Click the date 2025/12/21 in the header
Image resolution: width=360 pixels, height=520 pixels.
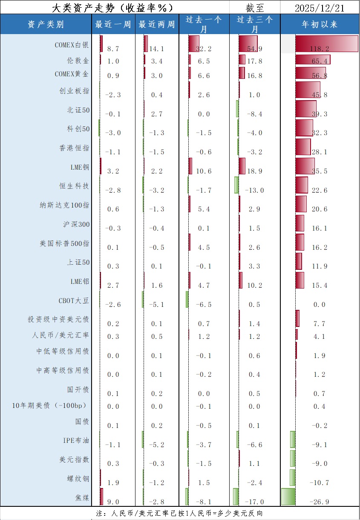320,8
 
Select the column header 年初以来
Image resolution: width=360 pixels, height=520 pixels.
320,25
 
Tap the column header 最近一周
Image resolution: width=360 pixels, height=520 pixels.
113,25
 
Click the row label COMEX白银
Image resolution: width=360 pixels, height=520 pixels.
72,44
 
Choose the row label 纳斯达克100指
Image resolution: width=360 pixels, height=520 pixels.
64,205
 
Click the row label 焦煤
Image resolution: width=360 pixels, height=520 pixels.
82,497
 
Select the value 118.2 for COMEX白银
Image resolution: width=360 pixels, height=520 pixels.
320,49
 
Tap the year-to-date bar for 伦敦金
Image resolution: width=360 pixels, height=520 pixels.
312,59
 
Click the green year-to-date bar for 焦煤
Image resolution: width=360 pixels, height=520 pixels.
288,497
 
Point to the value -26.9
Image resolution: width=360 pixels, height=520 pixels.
320,502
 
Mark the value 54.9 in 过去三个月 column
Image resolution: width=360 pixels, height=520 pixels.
254,49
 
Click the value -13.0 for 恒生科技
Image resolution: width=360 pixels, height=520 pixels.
254,190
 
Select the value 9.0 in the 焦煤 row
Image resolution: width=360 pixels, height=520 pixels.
113,502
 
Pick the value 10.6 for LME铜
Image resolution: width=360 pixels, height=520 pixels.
204,171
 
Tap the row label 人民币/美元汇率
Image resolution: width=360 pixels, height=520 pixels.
60,335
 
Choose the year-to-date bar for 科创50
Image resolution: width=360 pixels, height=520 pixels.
304,128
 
